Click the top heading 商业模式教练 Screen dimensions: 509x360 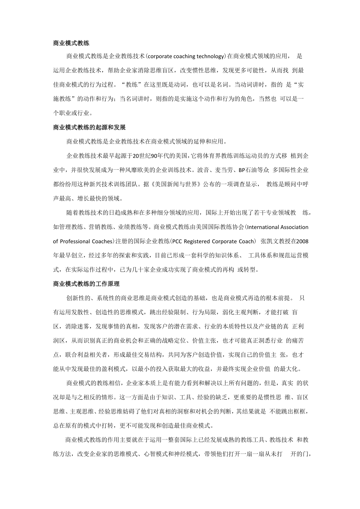click(x=71, y=43)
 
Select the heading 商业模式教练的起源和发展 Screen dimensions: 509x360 click(x=89, y=127)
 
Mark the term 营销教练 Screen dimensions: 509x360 click(x=100, y=227)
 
